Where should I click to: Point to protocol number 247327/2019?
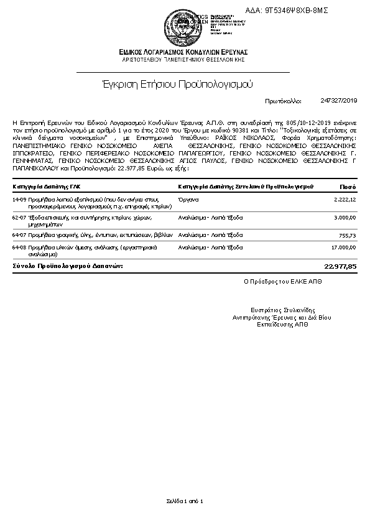[340, 100]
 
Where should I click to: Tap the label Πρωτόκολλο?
[283, 100]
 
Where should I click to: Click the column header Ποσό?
[348, 186]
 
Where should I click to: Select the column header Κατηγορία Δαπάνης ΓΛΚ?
[46, 186]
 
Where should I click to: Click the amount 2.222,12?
[345, 199]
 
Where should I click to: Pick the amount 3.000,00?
[345, 218]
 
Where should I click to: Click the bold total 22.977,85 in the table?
[341, 266]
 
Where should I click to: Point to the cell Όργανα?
[188, 199]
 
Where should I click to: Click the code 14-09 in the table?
[19, 199]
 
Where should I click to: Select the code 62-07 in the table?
[19, 218]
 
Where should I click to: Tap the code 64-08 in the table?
[19, 248]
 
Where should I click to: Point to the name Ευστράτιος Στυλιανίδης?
[283, 310]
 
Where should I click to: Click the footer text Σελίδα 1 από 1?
[185, 501]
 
